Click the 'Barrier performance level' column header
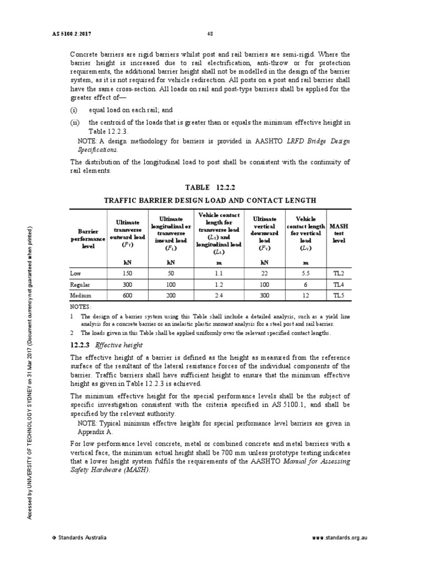[x=83, y=239]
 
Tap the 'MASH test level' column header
[x=339, y=233]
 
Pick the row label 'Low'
[x=75, y=273]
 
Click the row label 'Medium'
[x=79, y=295]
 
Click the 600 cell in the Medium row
[x=127, y=295]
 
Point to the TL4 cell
[x=339, y=284]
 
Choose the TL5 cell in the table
[x=339, y=295]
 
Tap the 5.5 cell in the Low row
[x=306, y=273]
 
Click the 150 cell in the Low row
[x=127, y=273]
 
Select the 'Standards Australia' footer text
[x=79, y=537]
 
